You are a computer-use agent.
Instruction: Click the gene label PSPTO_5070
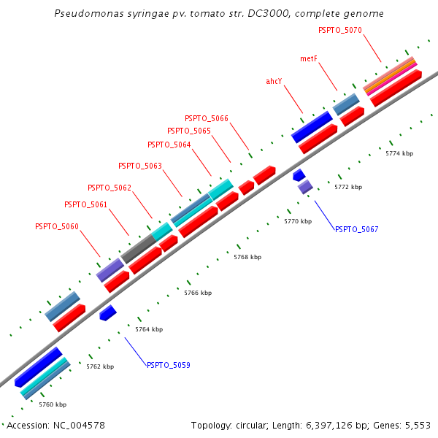[x=340, y=30]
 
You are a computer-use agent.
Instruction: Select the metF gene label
[x=309, y=58]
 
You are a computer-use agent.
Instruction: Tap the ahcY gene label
[x=274, y=81]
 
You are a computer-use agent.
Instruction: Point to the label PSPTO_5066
[x=207, y=118]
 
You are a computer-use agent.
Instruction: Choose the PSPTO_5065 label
[x=189, y=131]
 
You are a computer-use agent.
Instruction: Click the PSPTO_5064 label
[x=169, y=145]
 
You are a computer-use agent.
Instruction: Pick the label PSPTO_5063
[x=140, y=166]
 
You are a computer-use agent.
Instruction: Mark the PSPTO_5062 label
[x=109, y=188]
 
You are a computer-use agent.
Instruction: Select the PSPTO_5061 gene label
[x=86, y=204]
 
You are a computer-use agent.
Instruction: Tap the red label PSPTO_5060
[x=57, y=226]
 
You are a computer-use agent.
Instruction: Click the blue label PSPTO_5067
[x=357, y=229]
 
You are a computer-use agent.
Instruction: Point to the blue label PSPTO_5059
[x=169, y=365]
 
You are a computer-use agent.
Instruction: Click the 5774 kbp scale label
[x=399, y=153]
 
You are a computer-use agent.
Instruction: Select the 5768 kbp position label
[x=247, y=257]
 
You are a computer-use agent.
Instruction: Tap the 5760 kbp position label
[x=53, y=404]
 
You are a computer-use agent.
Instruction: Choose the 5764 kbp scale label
[x=149, y=329]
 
